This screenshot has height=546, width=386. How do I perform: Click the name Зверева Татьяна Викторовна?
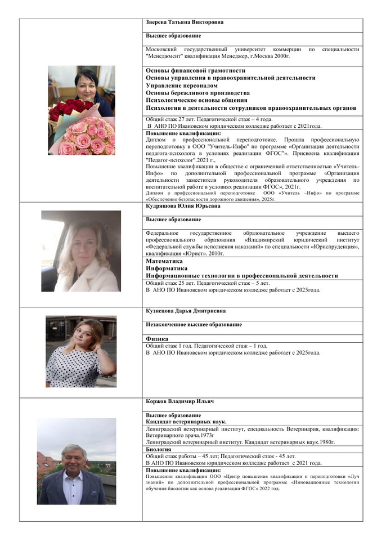coord(185,23)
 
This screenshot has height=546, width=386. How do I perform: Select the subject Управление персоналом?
coord(181,86)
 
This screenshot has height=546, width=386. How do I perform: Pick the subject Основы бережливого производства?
coord(198,93)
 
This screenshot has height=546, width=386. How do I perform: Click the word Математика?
coord(164,261)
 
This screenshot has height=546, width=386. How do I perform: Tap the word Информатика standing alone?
coord(167,268)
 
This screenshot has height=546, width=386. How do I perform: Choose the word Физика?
coord(158,339)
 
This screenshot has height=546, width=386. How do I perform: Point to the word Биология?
coord(159,449)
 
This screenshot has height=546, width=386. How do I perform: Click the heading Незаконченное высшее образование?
coord(194,324)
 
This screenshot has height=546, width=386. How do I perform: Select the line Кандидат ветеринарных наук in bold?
coord(186,421)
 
